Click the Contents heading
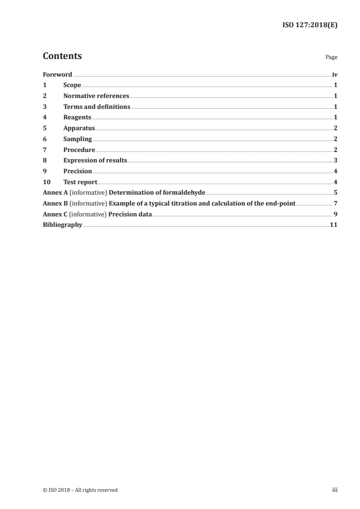click(62, 56)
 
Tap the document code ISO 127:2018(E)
click(310, 26)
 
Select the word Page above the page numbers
click(331, 58)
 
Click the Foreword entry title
click(57, 74)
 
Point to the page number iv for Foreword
click(335, 74)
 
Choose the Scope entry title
click(72, 85)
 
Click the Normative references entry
click(96, 96)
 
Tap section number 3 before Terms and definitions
click(44, 107)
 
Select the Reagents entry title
click(77, 117)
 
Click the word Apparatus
click(79, 128)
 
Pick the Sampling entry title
click(78, 139)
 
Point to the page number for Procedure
click(335, 150)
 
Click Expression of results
click(95, 161)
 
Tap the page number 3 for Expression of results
click(335, 161)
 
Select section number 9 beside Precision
click(44, 171)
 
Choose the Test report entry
click(80, 182)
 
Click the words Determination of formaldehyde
click(157, 193)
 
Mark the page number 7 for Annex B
click(335, 204)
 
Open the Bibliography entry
click(62, 225)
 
